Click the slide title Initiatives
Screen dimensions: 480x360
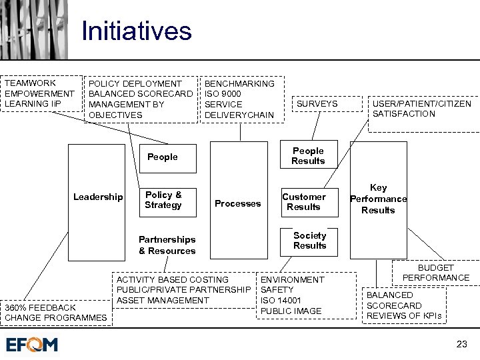click(x=136, y=31)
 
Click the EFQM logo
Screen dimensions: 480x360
click(x=32, y=344)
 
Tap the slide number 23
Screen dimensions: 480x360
click(x=461, y=344)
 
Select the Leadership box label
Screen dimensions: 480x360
click(x=98, y=197)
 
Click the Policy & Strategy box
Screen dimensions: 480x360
click(x=163, y=200)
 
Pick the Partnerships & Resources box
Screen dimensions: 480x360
click(x=167, y=245)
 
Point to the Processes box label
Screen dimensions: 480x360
click(x=237, y=203)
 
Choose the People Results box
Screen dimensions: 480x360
click(x=308, y=156)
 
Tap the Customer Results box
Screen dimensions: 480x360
click(x=304, y=201)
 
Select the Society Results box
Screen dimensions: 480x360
click(x=309, y=241)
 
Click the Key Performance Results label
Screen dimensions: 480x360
click(x=378, y=199)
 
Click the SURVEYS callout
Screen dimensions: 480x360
click(x=317, y=104)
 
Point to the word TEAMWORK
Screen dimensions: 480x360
click(x=30, y=83)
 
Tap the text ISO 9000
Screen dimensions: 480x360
click(x=223, y=94)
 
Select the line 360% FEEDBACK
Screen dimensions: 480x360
click(x=41, y=307)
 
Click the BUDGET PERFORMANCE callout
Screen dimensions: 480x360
click(x=435, y=272)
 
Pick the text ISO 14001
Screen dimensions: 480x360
click(x=281, y=300)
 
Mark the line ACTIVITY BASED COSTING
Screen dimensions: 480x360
click(x=172, y=279)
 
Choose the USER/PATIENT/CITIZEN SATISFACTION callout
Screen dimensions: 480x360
click(x=421, y=109)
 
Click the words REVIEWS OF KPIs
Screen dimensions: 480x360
click(x=403, y=315)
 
